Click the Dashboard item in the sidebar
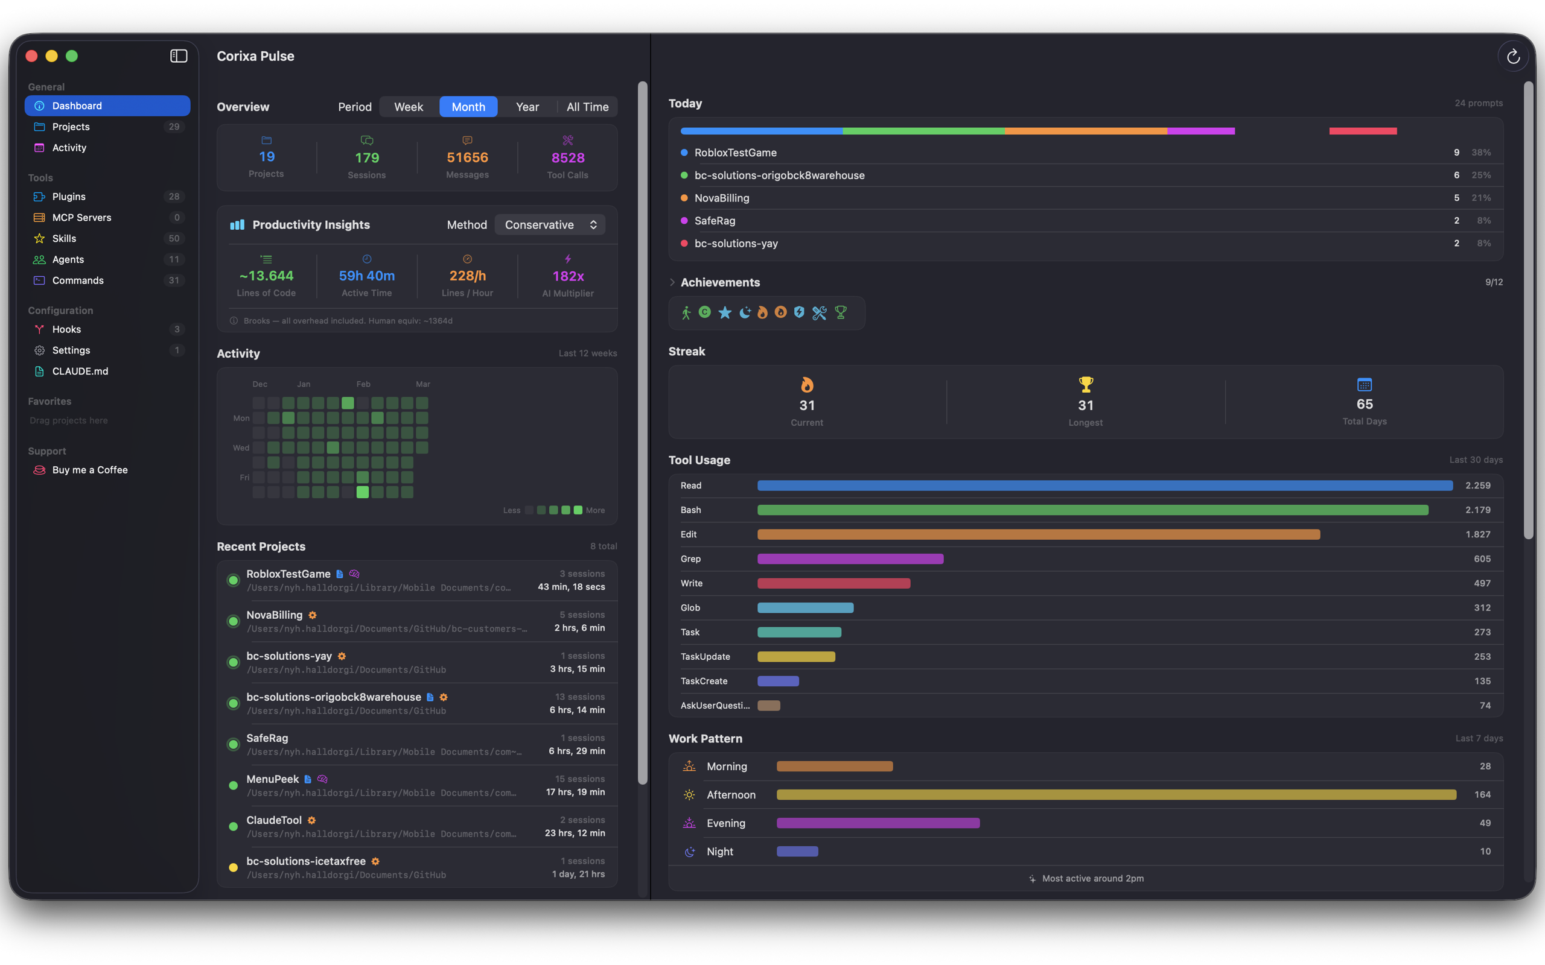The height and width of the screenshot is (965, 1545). tap(107, 106)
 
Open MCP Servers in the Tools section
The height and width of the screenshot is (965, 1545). tap(81, 218)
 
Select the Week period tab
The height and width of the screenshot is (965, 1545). tap(408, 107)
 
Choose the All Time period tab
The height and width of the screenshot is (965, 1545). tap(587, 107)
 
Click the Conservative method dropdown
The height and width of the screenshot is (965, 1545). tap(550, 224)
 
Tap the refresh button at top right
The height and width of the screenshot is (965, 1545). tap(1512, 57)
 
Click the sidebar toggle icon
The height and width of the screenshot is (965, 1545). tap(179, 56)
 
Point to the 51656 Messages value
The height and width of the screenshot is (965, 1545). tap(467, 157)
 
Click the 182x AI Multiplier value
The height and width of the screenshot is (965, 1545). tap(567, 276)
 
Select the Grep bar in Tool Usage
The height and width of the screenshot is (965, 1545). tap(850, 559)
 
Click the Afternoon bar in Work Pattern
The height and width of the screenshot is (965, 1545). tap(1116, 794)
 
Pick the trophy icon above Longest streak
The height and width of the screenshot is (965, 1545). tap(1085, 384)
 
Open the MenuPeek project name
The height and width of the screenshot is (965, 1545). tap(273, 779)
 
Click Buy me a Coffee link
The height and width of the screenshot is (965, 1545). tap(89, 470)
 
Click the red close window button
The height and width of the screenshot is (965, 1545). tap(31, 56)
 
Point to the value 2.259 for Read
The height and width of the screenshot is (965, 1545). tap(1477, 486)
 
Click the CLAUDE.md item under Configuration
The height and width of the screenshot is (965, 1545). tap(80, 372)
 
